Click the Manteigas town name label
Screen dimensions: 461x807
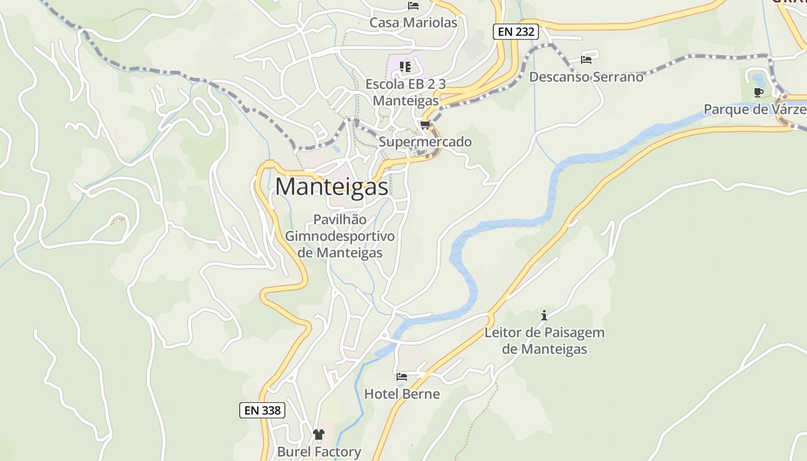331,187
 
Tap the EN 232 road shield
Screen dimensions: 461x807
516,32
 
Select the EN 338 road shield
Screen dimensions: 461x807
262,410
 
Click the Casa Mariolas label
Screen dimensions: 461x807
413,22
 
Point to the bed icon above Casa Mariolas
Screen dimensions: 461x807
413,6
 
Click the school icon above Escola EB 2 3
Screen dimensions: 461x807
405,67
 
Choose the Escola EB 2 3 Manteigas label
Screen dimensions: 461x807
406,92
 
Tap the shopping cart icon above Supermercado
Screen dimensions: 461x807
425,125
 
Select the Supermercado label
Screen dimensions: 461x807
425,142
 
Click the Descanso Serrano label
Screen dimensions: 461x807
586,77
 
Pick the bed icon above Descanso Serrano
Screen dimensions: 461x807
586,59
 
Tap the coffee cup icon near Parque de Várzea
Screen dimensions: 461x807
759,92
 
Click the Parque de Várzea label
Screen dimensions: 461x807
755,109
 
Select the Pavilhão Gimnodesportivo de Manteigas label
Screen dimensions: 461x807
340,236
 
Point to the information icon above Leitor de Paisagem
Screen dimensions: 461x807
544,315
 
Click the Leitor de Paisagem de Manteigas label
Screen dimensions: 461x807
544,341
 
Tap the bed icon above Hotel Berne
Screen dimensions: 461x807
402,377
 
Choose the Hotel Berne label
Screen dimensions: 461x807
402,394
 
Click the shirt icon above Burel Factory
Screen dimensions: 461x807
319,434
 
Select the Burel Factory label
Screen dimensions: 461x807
319,452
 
